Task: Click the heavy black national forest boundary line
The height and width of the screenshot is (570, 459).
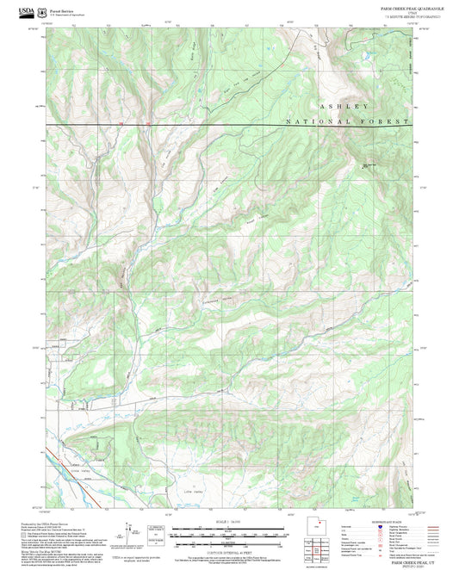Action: (215, 126)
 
